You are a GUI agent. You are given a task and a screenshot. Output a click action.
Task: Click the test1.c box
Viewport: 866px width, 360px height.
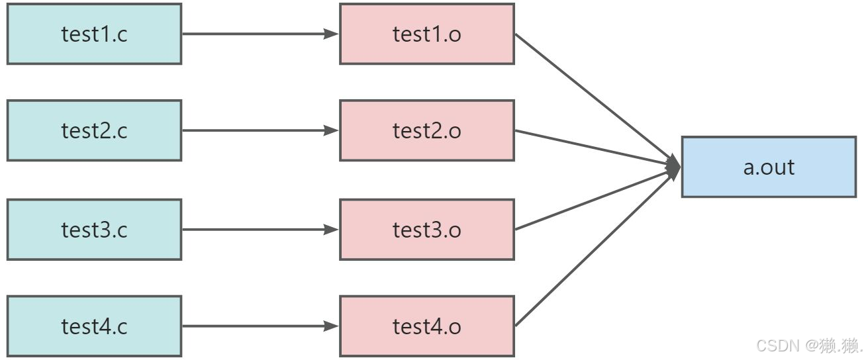(x=94, y=34)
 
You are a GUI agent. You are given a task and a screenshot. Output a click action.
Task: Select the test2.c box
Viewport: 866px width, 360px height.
(x=94, y=130)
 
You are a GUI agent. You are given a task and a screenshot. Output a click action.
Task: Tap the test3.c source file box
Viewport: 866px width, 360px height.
(x=94, y=230)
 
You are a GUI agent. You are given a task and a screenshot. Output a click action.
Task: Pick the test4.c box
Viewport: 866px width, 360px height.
(x=94, y=326)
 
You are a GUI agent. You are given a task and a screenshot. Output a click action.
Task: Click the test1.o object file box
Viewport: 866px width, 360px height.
(x=427, y=34)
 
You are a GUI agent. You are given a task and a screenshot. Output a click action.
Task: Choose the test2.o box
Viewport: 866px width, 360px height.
(x=427, y=130)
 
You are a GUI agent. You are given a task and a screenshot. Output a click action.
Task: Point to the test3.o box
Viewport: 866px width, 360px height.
(x=427, y=230)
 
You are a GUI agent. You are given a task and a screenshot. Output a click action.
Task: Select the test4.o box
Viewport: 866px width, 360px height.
(x=427, y=326)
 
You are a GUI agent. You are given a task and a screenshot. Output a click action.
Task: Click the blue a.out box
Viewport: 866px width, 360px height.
(x=769, y=167)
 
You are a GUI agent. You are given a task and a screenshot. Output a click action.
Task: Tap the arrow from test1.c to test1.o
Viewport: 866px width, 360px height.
(x=260, y=34)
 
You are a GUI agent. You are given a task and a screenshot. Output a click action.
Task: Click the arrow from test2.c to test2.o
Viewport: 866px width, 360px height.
(x=260, y=130)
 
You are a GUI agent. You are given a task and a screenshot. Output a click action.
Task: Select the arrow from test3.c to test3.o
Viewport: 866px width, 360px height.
(x=260, y=230)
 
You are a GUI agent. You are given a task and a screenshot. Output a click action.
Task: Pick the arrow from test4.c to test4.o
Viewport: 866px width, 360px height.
(x=260, y=326)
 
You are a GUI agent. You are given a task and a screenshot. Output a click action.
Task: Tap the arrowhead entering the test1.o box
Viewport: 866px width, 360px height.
(x=331, y=34)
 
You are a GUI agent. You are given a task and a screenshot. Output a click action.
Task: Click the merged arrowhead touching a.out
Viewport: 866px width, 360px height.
(x=674, y=167)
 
